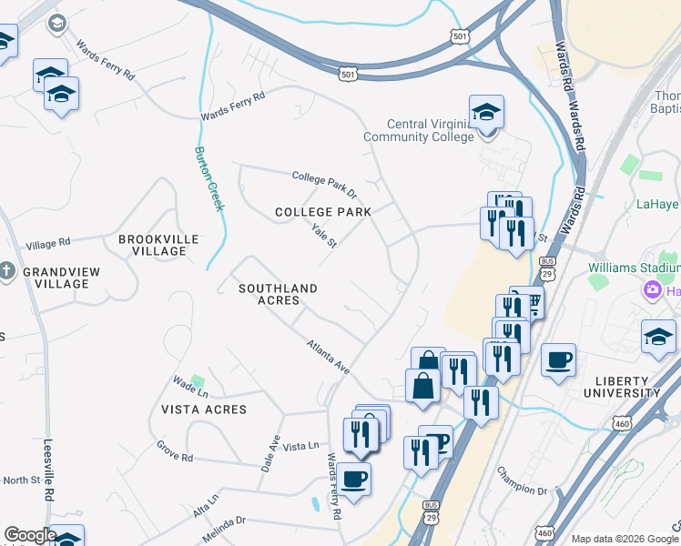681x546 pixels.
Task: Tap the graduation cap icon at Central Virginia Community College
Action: coord(486,113)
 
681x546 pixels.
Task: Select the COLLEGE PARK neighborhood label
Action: coord(323,212)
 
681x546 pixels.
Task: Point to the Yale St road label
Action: coord(324,237)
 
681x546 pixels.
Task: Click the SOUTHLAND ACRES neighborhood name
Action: coord(278,294)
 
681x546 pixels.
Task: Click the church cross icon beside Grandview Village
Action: coord(7,271)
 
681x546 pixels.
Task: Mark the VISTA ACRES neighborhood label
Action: coord(204,409)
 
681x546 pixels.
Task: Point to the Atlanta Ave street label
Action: coord(328,356)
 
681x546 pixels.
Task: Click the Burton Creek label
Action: coord(208,178)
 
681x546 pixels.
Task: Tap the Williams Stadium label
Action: coord(633,268)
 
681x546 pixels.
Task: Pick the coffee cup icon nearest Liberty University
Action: coord(557,359)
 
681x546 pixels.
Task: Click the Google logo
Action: coord(29,535)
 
